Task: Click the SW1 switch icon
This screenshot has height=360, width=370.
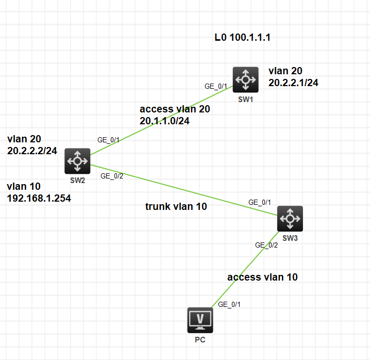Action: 245,79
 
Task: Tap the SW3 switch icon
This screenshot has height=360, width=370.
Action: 290,218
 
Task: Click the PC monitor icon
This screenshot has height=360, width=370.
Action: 200,320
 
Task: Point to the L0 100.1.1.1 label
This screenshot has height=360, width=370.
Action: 243,38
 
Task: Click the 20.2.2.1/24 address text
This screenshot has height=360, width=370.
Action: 293,82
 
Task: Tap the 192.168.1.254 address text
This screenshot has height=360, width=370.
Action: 39,198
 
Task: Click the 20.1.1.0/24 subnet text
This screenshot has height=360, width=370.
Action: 164,121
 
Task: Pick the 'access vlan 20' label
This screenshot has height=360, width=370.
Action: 175,109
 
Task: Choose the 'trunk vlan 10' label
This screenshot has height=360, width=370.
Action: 176,207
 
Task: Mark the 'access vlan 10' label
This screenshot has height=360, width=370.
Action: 262,277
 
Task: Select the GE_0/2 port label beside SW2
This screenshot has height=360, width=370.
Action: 112,176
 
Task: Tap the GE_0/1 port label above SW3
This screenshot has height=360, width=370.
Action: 259,202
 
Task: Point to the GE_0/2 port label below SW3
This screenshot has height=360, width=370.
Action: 266,245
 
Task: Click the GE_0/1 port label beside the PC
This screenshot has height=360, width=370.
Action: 229,304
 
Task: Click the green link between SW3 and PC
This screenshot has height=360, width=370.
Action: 242,270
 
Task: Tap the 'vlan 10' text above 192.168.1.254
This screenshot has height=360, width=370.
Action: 24,186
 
